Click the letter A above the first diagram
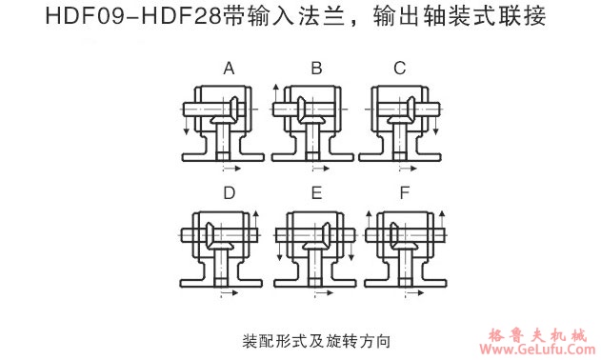(x=229, y=68)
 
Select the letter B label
(x=317, y=68)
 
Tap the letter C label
(x=399, y=68)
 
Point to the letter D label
(x=229, y=193)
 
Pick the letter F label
(x=405, y=193)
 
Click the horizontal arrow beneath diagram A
(x=234, y=170)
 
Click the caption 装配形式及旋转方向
(x=317, y=340)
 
